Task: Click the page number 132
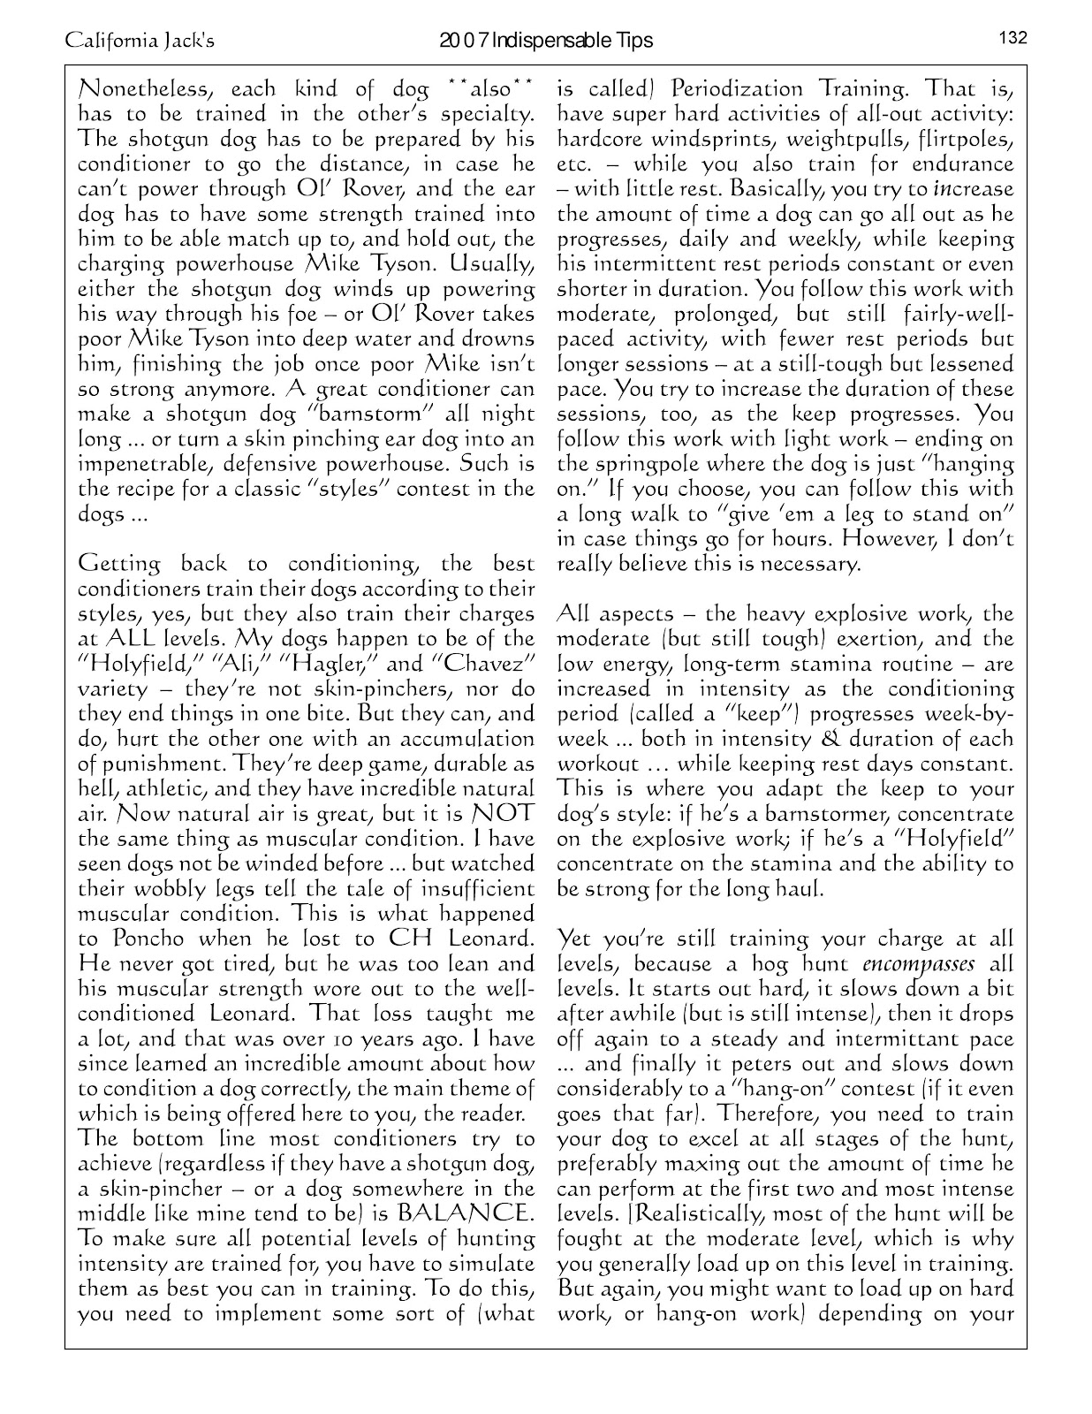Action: [x=1012, y=38]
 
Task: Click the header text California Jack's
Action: [x=139, y=41]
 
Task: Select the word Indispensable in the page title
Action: [x=554, y=41]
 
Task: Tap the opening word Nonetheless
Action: [x=142, y=90]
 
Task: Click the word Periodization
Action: [x=736, y=90]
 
